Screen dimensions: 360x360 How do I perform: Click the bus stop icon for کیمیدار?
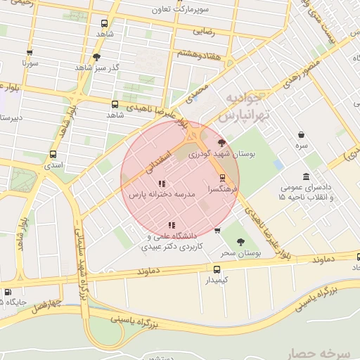(217, 269)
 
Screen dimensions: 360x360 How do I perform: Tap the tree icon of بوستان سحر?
(240, 242)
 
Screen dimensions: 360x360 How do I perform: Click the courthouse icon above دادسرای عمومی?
(306, 176)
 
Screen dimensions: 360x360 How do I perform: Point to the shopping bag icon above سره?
(301, 134)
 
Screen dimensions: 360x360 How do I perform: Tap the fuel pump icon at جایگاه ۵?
(8, 292)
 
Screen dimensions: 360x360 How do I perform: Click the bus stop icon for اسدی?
(53, 154)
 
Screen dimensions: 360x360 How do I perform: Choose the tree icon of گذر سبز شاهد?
(96, 57)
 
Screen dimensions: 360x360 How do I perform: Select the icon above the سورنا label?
(29, 52)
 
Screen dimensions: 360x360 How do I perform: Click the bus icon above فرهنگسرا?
(223, 177)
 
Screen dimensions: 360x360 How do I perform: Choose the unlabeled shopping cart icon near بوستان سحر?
(217, 230)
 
